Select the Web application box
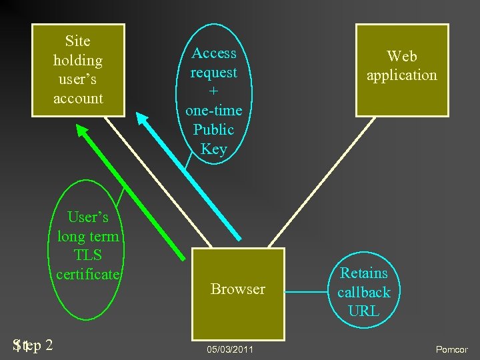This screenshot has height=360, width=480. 401,69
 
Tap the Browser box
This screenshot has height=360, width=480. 238,294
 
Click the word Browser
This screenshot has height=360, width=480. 238,289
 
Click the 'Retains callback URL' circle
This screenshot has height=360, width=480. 363,291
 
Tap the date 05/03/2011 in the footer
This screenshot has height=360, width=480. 230,349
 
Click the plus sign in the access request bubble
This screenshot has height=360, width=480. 214,91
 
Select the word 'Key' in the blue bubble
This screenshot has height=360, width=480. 214,149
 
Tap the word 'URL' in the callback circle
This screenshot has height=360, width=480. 364,311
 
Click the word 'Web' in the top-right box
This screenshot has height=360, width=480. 402,56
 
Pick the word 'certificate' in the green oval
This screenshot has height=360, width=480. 87,273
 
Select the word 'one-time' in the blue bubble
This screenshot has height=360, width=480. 214,111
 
